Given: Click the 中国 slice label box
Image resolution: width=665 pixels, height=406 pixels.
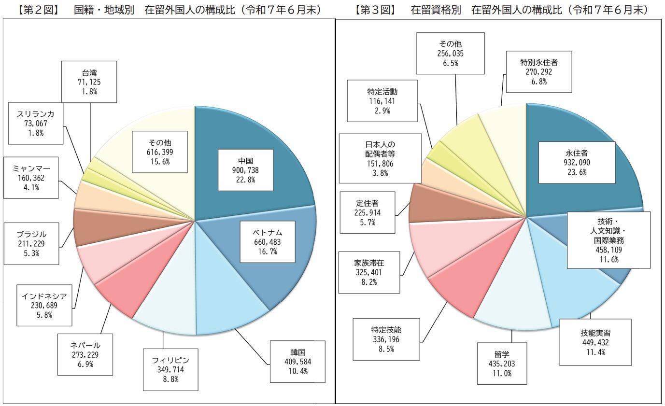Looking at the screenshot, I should [245, 169].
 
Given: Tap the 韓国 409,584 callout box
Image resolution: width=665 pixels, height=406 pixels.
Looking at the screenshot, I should [295, 362].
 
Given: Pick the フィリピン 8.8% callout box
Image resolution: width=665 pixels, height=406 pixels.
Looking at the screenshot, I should [170, 369].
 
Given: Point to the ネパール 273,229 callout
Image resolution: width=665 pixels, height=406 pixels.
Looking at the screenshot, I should [85, 354].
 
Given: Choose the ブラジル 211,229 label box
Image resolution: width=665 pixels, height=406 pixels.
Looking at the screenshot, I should [31, 244].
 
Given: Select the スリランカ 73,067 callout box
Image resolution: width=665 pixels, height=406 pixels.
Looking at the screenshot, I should [36, 123].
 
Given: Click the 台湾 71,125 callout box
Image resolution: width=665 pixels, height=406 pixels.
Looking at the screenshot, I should [89, 82].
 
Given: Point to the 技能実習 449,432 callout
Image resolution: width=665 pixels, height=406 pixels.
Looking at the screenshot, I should [595, 342].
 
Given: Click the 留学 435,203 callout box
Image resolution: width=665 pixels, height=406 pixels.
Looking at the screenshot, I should [501, 364].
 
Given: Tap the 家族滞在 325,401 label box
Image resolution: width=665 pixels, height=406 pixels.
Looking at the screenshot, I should [369, 272].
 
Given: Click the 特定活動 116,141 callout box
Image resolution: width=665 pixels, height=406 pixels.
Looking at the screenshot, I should [382, 100].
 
